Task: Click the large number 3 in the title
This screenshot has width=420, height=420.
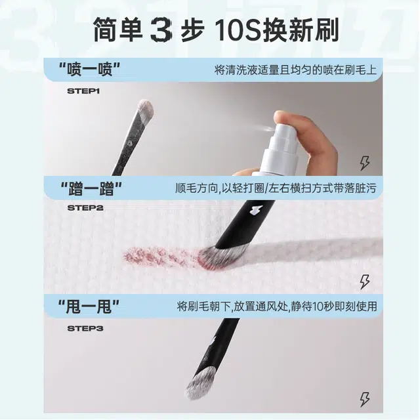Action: pyautogui.click(x=160, y=30)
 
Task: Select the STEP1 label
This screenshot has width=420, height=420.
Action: pyautogui.click(x=83, y=91)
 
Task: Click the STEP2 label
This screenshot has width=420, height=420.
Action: pyautogui.click(x=85, y=208)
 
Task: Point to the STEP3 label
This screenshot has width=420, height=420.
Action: pyautogui.click(x=85, y=328)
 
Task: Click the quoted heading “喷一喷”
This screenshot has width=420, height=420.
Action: pyautogui.click(x=90, y=70)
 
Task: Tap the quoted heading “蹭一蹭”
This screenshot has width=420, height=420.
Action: pyautogui.click(x=91, y=188)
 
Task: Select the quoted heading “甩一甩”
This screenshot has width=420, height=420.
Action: pyautogui.click(x=89, y=306)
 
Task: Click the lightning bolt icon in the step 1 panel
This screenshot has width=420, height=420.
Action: pyautogui.click(x=365, y=163)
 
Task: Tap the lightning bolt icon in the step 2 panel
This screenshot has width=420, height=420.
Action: pyautogui.click(x=365, y=282)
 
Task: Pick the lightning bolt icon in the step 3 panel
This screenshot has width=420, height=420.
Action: pyautogui.click(x=365, y=400)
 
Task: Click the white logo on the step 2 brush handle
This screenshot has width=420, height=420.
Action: pyautogui.click(x=253, y=210)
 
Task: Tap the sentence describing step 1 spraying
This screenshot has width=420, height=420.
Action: pyautogui.click(x=295, y=70)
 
